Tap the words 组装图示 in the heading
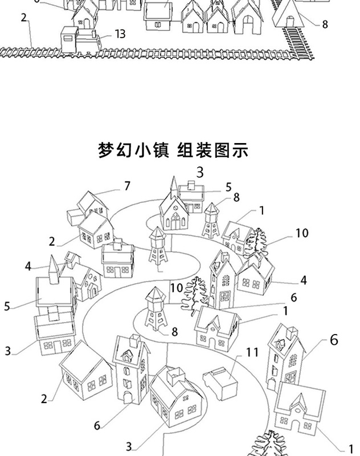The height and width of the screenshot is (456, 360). pyautogui.click(x=213, y=151)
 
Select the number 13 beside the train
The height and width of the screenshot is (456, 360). pyautogui.click(x=120, y=34)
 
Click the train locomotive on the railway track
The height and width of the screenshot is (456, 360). pyautogui.click(x=80, y=40)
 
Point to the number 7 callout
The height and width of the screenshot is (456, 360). pyautogui.click(x=128, y=186)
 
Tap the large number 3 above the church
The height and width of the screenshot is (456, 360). pyautogui.click(x=200, y=172)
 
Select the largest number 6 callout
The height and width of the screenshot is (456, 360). pyautogui.click(x=334, y=340)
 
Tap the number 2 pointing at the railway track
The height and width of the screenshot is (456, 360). pyautogui.click(x=24, y=17)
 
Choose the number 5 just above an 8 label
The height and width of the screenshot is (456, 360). pyautogui.click(x=228, y=187)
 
